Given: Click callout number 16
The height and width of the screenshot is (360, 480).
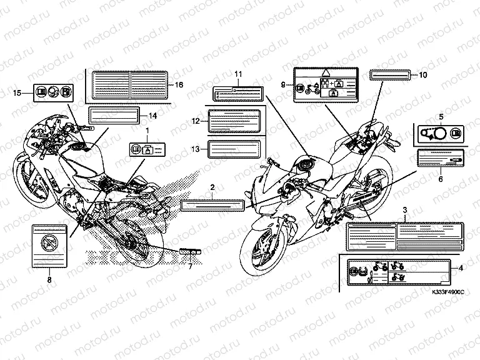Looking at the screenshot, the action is tap(179, 84).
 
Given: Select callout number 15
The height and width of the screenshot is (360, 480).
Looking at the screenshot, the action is tap(17, 93).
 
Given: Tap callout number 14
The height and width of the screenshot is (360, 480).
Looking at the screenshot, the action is tap(152, 115).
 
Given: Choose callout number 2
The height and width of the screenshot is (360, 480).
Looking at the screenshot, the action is tap(212, 187).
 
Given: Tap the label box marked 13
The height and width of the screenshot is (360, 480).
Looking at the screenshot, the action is tap(231, 149).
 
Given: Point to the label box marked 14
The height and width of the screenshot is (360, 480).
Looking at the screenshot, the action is tap(113, 115).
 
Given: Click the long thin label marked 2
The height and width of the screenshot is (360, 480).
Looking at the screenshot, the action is tap(212, 204).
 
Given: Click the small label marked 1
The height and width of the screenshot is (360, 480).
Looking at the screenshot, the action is tap(147, 148).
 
